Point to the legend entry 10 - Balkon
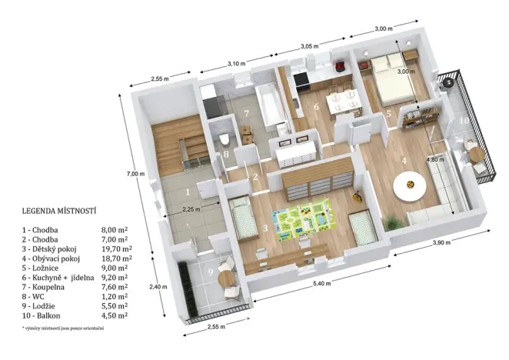pos(45,315)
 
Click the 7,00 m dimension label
pos(135,174)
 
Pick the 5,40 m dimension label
pos(322,283)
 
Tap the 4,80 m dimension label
pos(435,160)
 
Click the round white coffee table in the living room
pos(408,185)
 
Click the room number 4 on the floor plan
pos(404,162)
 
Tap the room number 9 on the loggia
pos(210,272)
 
